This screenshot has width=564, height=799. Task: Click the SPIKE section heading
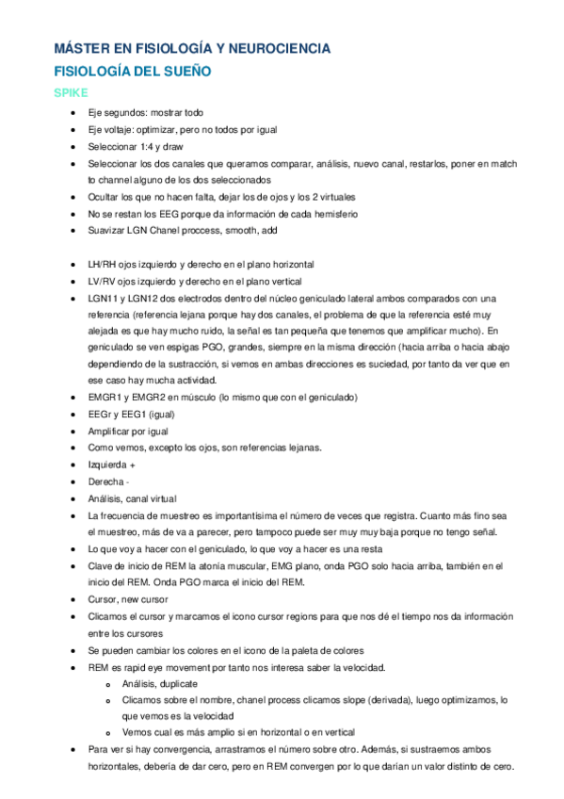(72, 92)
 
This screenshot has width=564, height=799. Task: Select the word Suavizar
(108, 231)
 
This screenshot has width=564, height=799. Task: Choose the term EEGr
(102, 415)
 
